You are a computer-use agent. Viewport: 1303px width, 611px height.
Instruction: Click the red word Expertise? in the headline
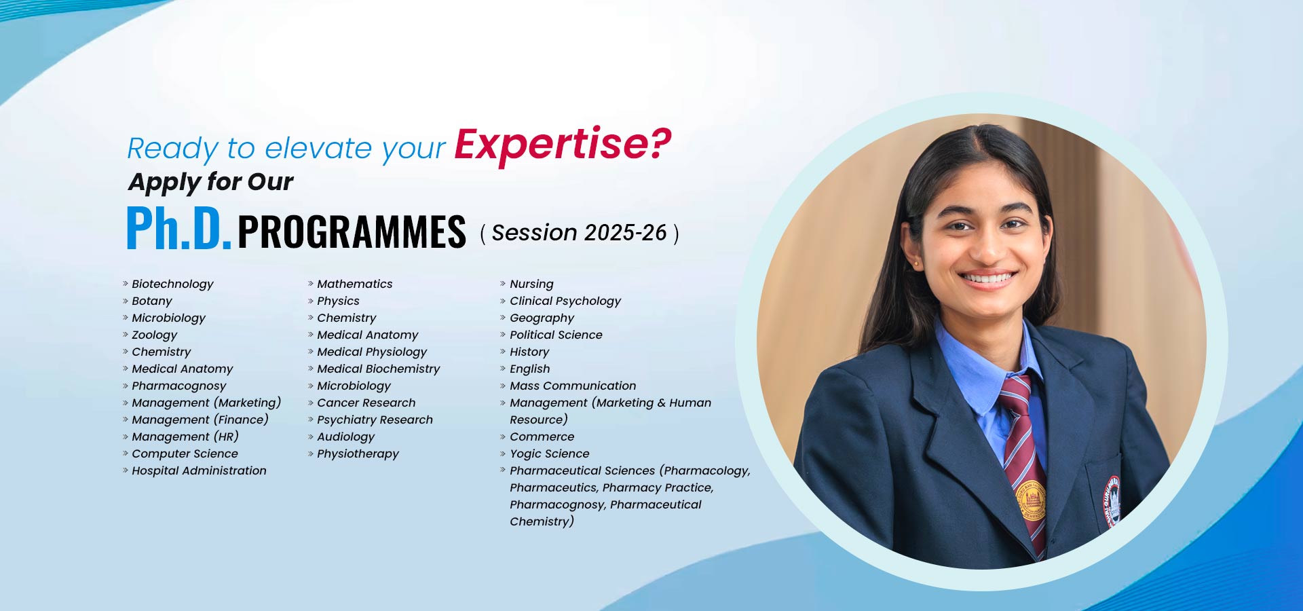point(563,145)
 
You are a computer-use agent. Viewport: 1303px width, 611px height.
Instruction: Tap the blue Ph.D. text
point(178,228)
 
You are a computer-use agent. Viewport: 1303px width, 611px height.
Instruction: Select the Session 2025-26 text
point(579,233)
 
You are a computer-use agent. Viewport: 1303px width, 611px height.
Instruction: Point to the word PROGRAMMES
point(352,232)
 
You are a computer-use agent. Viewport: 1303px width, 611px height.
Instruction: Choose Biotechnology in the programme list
point(172,284)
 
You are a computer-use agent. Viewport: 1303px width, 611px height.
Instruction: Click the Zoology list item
point(154,335)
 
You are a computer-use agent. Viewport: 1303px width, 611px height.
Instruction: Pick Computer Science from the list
point(185,453)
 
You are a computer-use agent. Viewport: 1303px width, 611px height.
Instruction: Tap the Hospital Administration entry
point(199,470)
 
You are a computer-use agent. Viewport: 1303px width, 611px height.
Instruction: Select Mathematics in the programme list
point(354,284)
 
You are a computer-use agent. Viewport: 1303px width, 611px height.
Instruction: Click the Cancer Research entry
point(366,403)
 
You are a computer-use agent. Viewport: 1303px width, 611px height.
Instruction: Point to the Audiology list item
point(345,437)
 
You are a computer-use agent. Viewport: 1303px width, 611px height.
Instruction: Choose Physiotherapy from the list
point(358,453)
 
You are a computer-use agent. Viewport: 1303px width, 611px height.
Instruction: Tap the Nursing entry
point(531,284)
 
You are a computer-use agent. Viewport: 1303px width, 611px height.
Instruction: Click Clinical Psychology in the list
point(565,301)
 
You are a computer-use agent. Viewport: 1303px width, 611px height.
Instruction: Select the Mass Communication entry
point(573,386)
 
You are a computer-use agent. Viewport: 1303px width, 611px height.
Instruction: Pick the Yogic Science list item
point(549,453)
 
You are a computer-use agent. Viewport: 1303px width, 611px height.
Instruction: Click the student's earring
point(915,262)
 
